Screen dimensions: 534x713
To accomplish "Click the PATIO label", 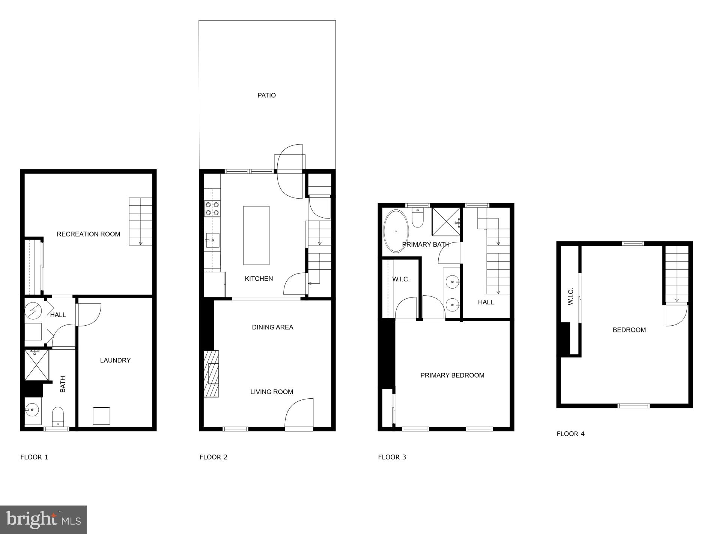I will click(266, 96).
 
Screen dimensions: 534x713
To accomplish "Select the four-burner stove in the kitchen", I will click(212, 209).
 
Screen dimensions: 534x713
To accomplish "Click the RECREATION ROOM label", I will click(89, 234).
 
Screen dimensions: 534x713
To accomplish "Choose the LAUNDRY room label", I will click(115, 360).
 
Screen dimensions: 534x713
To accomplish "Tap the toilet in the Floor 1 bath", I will click(58, 416).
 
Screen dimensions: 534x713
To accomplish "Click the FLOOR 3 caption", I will click(392, 457).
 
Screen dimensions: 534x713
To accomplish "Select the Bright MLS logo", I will click(44, 520).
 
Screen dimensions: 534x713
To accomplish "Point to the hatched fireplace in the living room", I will click(211, 374).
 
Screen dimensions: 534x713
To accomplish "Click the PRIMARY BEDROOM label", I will click(452, 375).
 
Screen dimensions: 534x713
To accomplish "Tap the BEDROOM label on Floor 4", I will click(629, 330).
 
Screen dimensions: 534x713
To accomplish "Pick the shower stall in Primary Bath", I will click(446, 221).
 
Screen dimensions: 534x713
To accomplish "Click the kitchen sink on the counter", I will click(212, 240).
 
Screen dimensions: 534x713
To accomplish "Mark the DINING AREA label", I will click(272, 328).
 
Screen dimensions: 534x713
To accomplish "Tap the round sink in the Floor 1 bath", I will click(32, 410).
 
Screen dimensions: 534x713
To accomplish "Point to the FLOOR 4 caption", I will click(570, 434).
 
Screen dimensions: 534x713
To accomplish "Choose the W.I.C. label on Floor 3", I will click(401, 280).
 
